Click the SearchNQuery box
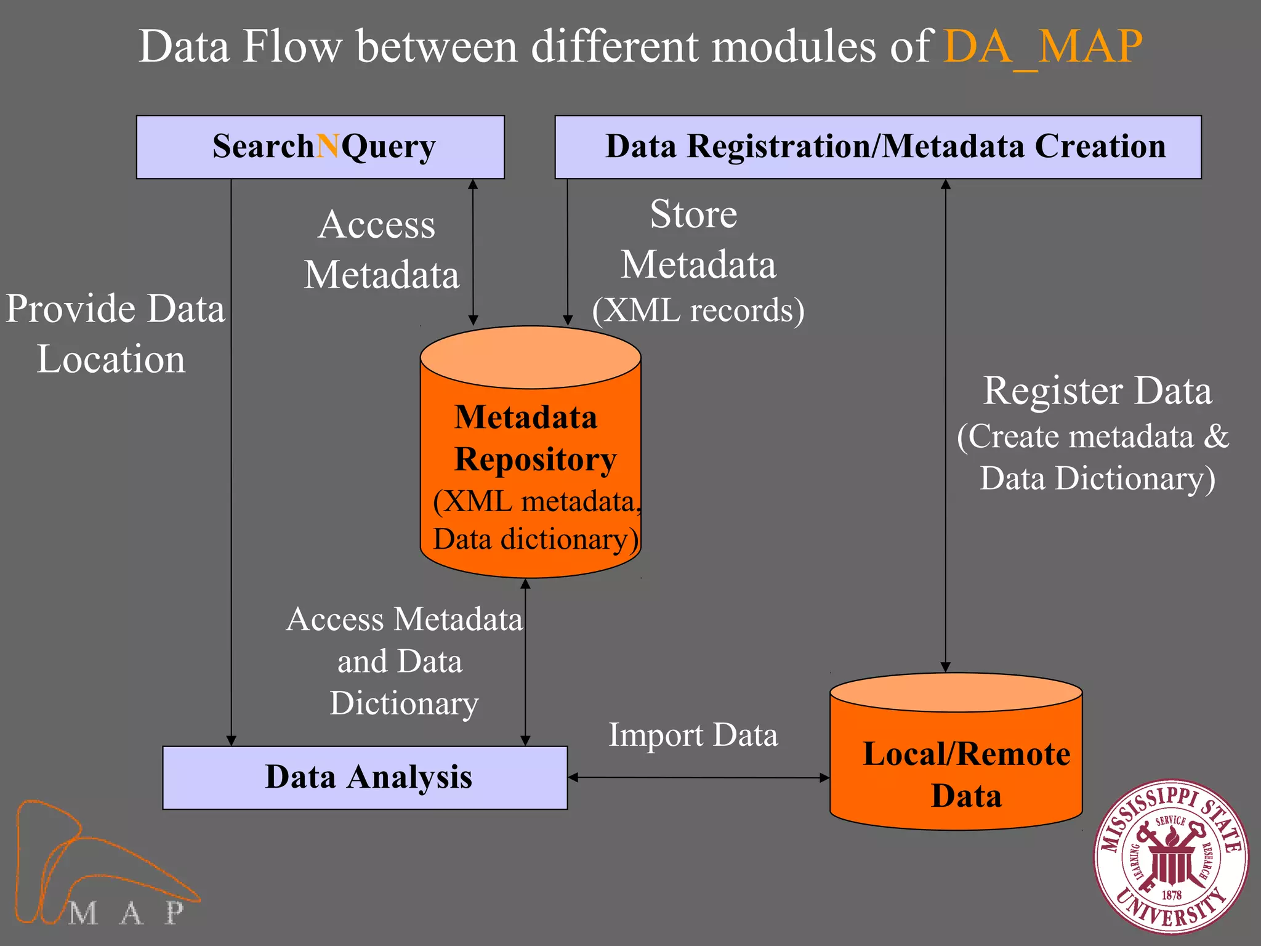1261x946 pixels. (320, 147)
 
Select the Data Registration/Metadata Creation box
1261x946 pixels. (877, 147)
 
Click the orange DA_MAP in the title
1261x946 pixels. (1042, 47)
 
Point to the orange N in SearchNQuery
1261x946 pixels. (328, 147)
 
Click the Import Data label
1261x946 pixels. (693, 735)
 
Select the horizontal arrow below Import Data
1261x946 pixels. (699, 777)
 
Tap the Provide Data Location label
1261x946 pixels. (114, 333)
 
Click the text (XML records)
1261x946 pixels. (698, 310)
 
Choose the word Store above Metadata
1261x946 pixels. (693, 214)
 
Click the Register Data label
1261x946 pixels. (1097, 391)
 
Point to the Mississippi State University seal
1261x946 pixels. (1170, 857)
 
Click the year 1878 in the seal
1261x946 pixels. (1171, 895)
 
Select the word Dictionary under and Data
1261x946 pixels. (404, 703)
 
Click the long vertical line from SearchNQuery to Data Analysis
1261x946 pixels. (232, 462)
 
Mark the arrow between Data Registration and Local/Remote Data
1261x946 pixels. (946, 425)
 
